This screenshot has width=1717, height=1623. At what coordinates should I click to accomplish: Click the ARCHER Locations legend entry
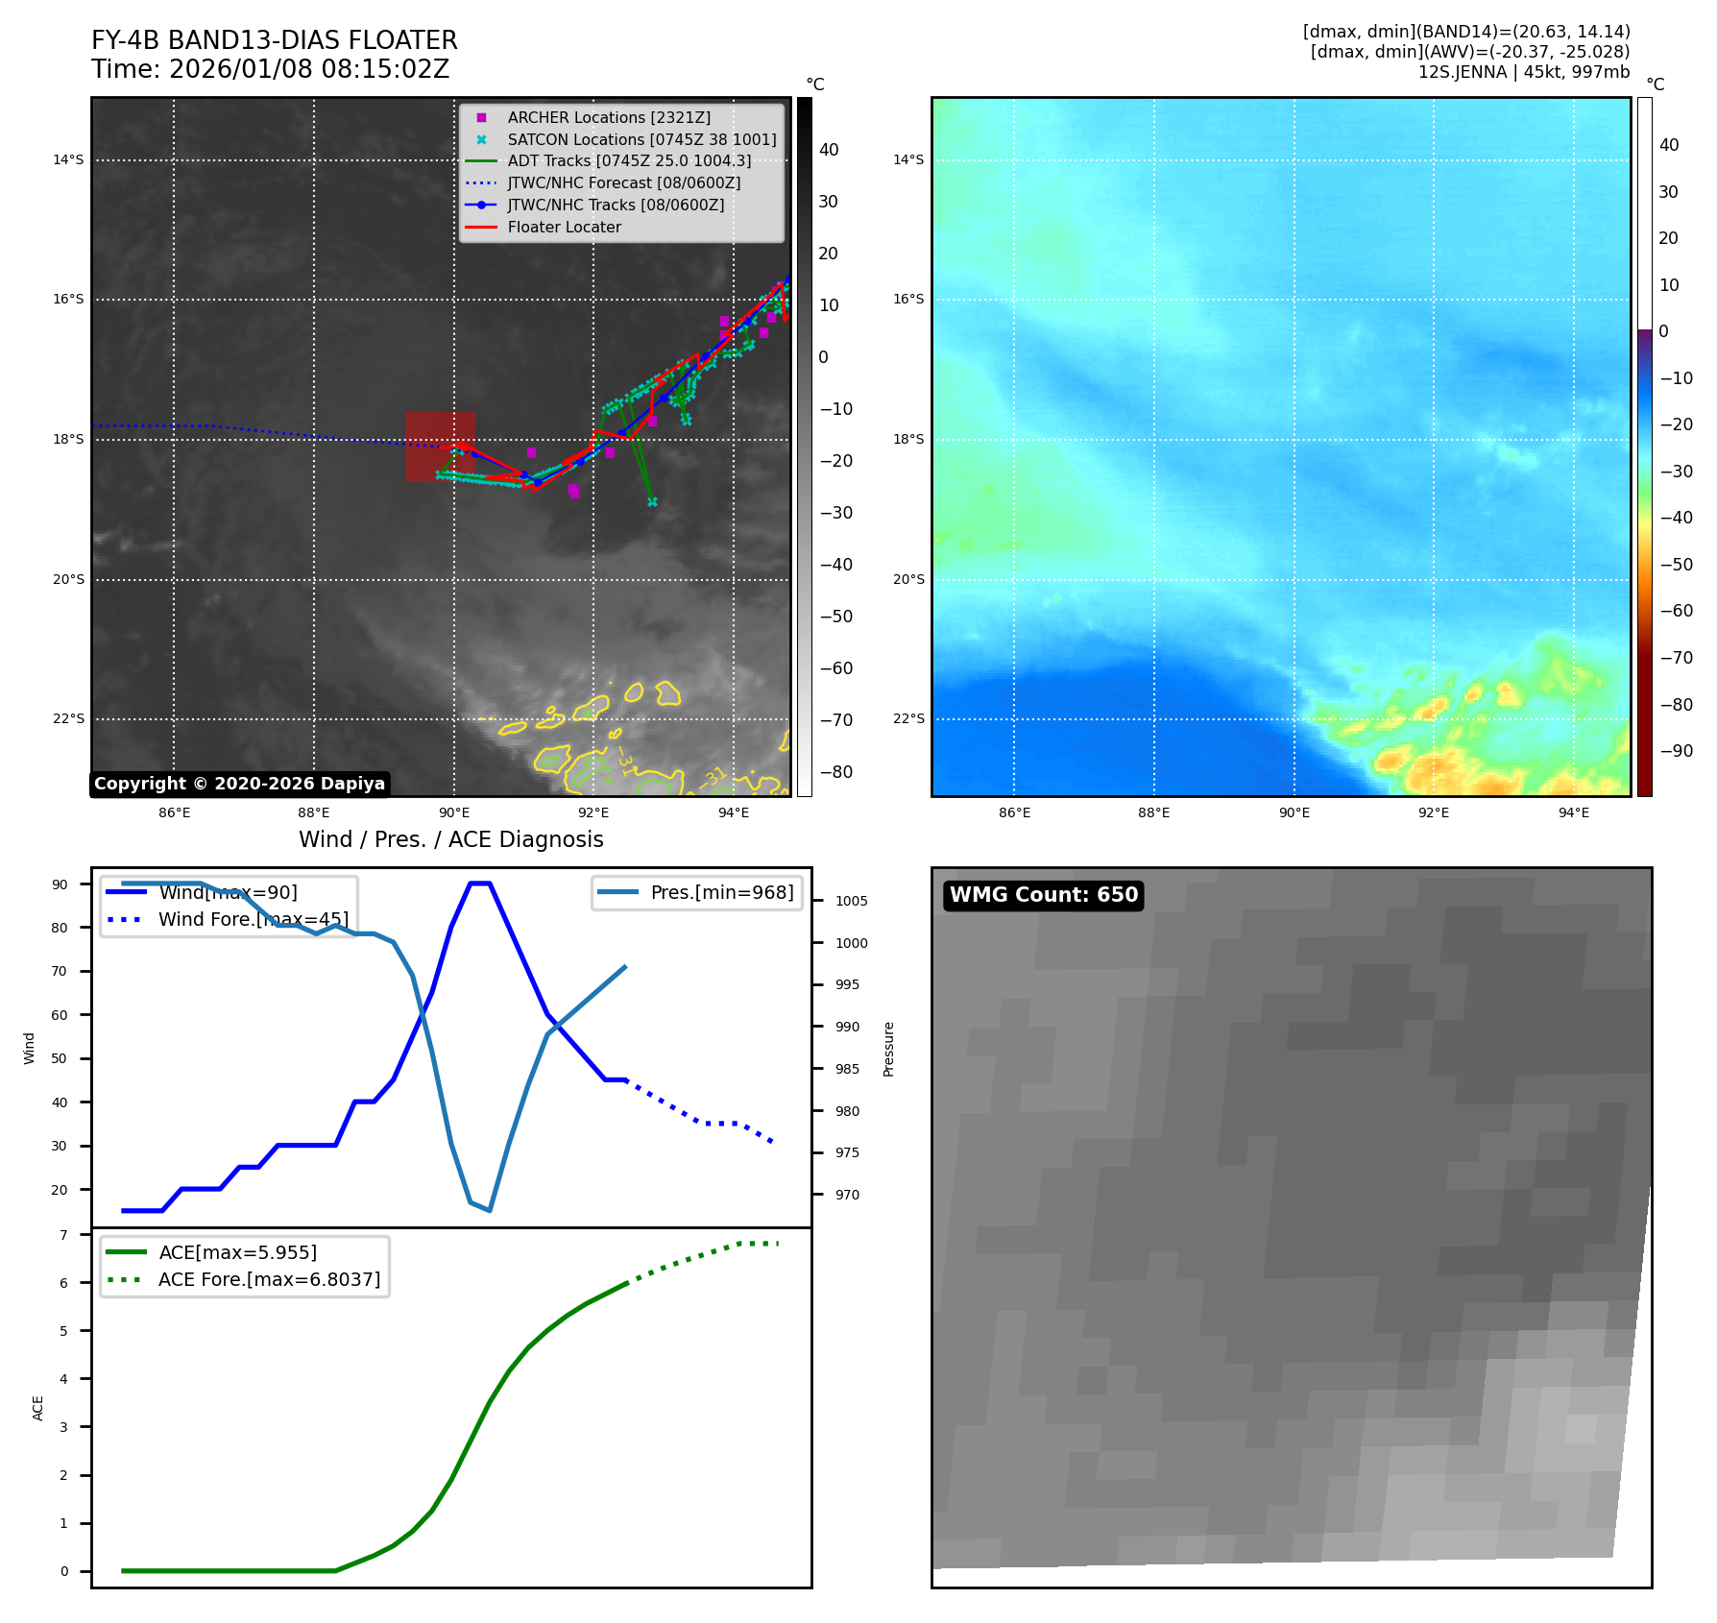coord(609,117)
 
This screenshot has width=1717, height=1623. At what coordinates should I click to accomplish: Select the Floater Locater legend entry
coord(564,227)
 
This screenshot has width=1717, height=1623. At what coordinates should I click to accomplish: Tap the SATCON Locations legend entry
coord(641,139)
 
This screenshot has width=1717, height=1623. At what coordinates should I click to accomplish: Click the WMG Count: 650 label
coord(1043,895)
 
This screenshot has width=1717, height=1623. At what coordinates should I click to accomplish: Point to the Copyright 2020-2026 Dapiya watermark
coord(239,784)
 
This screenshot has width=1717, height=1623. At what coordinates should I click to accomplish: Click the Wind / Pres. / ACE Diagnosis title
coord(450,839)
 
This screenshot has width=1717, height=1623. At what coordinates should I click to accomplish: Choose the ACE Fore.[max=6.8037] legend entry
coord(269,1279)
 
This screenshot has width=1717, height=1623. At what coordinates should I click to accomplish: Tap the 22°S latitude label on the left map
coord(68,718)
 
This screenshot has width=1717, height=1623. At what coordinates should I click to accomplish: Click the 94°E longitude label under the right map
coord(1573,812)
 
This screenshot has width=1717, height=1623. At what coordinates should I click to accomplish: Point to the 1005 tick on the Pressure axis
coord(851,901)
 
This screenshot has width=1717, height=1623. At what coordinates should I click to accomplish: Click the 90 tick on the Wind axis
coord(60,884)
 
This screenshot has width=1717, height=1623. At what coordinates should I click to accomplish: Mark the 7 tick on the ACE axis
coord(63,1235)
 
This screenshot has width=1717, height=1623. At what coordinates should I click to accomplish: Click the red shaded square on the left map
coord(440,447)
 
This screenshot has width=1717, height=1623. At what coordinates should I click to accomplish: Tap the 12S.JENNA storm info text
coord(1523,72)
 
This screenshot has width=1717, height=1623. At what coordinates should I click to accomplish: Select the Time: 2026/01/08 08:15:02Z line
coord(270,69)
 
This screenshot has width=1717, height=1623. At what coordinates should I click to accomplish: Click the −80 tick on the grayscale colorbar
coord(834,772)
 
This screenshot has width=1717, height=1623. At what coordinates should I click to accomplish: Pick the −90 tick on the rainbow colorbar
coord(1676,751)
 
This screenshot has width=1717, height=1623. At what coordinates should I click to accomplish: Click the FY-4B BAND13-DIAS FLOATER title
coord(274,40)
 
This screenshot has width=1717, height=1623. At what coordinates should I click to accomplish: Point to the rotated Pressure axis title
coord(888,1049)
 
